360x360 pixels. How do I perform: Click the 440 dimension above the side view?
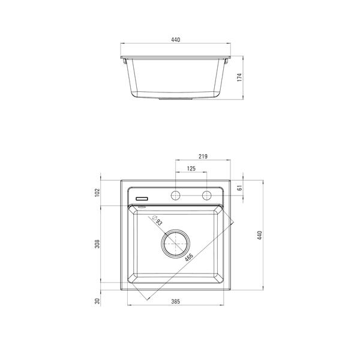176,40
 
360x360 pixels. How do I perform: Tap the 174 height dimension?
239,77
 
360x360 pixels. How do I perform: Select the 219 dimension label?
203,157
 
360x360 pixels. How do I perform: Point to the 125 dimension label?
191,169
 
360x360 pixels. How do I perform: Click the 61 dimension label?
239,188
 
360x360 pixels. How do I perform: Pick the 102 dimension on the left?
97,193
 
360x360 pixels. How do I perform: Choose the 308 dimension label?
97,244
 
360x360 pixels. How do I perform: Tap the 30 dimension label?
97,301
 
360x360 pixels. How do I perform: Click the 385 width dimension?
176,301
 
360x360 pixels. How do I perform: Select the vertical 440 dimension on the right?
259,235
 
